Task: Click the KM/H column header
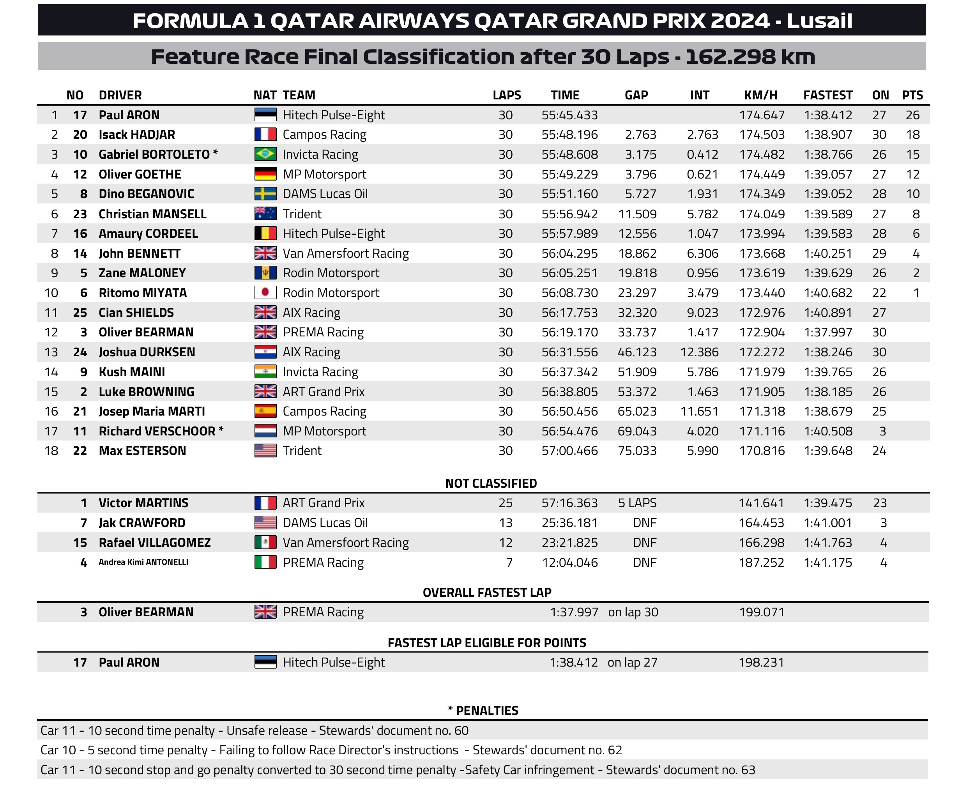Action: coord(760,95)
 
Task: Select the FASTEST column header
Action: coord(827,95)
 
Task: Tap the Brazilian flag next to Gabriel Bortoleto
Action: coord(265,154)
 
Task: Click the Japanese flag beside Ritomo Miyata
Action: coord(265,292)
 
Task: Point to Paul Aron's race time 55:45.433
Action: coord(569,115)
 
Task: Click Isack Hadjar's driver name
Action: coord(137,134)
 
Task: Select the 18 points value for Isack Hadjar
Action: coord(912,134)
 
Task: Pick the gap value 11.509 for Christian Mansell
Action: coord(637,214)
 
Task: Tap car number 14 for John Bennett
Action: coord(80,253)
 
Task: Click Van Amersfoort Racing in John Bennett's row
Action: coord(345,253)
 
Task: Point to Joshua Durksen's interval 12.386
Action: coord(699,352)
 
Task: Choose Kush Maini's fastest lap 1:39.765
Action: coord(828,372)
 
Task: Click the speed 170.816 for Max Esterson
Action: coord(762,450)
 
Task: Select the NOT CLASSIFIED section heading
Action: coord(491,483)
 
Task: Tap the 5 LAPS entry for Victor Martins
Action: coord(637,502)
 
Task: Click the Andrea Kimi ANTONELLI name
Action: coord(143,562)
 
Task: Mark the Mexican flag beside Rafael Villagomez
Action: coord(265,542)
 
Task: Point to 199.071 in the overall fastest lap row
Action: coord(762,612)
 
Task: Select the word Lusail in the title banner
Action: coord(819,21)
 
